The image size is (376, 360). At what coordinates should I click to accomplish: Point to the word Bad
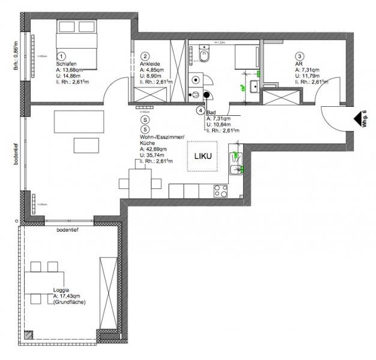tap(211, 112)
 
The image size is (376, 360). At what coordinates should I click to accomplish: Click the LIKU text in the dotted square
tap(202, 156)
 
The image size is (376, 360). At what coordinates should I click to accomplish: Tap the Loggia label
tap(62, 290)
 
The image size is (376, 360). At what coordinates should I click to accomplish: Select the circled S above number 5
tap(145, 120)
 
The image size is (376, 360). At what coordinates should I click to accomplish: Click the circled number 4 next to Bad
tap(200, 110)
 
